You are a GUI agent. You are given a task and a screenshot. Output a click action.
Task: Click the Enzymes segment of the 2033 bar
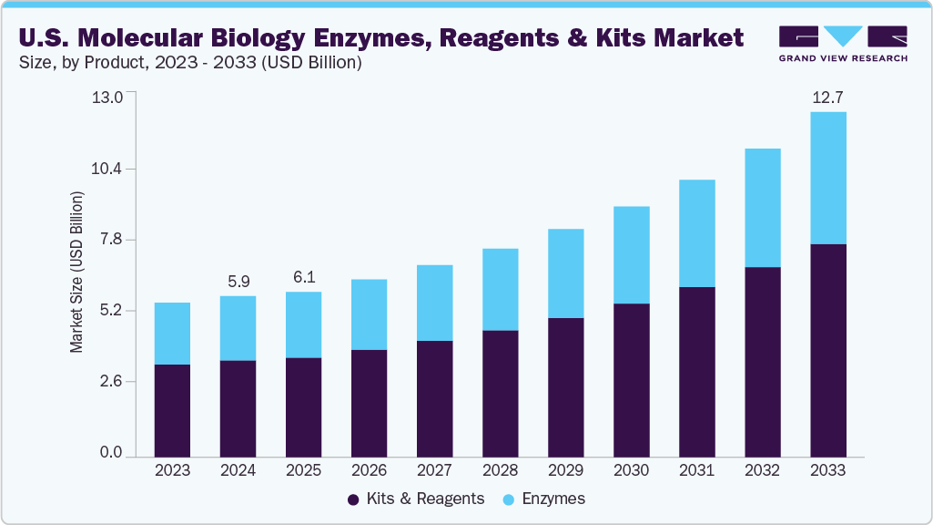click(827, 178)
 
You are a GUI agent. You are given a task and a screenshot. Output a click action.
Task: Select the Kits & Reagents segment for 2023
click(172, 410)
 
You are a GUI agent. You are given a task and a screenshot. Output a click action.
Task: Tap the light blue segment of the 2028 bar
click(500, 289)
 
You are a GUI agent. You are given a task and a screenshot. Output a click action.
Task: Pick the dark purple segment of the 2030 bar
click(631, 379)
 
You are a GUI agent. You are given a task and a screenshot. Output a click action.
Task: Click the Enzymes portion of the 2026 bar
click(369, 314)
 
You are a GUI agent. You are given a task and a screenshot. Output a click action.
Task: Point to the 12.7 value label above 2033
click(827, 98)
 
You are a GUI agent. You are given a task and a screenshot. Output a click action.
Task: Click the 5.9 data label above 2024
click(238, 282)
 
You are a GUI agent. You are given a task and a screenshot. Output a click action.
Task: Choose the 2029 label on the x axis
click(565, 471)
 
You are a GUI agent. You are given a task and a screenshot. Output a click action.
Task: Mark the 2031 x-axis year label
click(696, 471)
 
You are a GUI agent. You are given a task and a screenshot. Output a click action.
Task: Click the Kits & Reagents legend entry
click(424, 499)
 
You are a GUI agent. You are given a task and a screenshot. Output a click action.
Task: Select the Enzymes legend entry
click(553, 499)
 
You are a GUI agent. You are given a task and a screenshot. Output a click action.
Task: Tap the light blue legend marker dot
click(509, 499)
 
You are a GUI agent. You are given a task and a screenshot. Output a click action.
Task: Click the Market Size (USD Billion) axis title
click(77, 273)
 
